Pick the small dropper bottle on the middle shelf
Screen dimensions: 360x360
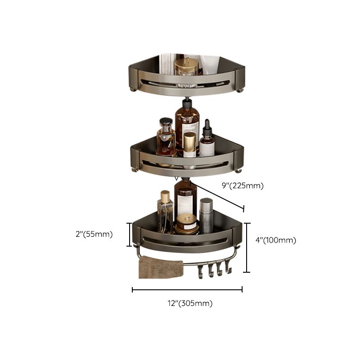click(x=207, y=139)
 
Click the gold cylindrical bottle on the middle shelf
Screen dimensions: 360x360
click(x=189, y=144)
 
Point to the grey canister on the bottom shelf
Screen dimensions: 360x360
click(x=206, y=216)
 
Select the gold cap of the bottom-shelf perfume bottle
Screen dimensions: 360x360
click(x=165, y=197)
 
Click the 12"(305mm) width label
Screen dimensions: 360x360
click(x=187, y=303)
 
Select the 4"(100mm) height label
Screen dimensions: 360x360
click(x=275, y=240)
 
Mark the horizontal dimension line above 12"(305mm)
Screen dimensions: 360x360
click(x=187, y=290)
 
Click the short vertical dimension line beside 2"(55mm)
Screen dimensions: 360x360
click(x=130, y=234)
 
